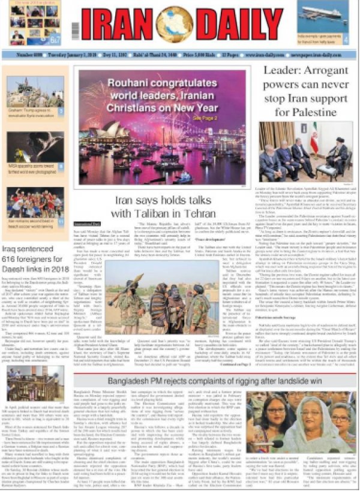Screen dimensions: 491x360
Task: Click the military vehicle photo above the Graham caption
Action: click(x=33, y=91)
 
